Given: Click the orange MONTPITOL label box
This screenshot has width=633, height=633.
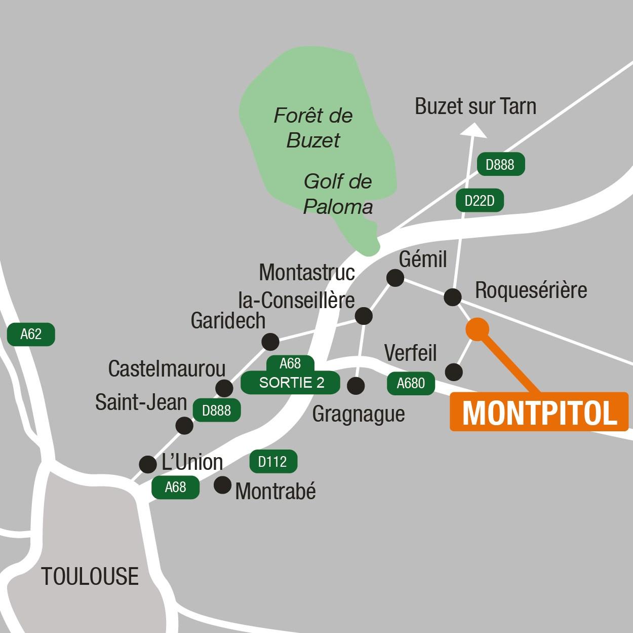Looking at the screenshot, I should point(539,412).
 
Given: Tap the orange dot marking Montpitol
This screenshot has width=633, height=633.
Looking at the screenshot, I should point(478,328).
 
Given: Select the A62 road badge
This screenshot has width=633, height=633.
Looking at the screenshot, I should point(31,334).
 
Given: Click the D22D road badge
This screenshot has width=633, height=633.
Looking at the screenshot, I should point(480,201).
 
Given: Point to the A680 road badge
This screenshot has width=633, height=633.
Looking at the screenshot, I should point(411,383).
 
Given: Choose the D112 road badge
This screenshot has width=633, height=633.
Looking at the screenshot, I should point(273,462).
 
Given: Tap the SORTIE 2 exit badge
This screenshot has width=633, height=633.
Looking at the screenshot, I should point(291,383).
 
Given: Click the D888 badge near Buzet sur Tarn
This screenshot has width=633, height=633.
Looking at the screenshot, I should point(500,164).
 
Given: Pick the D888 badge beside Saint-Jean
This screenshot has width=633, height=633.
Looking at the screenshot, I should point(216,411).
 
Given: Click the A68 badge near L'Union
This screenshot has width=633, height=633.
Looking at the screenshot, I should point(176,487).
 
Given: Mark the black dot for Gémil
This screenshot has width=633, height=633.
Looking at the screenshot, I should point(395,278).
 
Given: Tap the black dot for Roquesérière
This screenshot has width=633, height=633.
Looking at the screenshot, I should point(452,296).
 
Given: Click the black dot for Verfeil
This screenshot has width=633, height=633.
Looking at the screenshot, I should point(454,372).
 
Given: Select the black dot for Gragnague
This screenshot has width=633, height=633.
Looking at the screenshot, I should point(356,386).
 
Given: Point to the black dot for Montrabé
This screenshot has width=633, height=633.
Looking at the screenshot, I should point(222,485).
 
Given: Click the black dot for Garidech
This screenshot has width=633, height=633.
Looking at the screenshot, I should point(270,342).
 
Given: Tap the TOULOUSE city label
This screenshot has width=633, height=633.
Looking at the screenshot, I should point(90,576).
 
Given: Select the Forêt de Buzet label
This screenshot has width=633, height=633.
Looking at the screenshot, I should point(313,128).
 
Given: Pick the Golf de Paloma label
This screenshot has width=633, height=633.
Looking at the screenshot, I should point(338,194).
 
